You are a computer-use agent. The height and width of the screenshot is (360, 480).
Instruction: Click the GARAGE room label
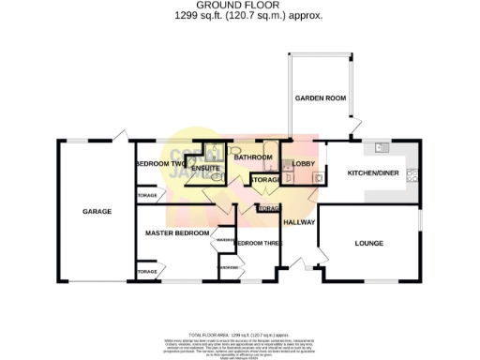click(97, 212)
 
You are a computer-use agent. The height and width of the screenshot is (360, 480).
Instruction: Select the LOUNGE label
click(368, 244)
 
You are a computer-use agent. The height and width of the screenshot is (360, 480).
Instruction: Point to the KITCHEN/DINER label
click(368, 173)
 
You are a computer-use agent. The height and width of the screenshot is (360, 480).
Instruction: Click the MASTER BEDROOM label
click(177, 232)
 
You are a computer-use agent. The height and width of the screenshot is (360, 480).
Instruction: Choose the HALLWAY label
click(300, 222)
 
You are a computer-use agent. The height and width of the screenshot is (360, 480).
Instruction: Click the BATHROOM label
click(252, 157)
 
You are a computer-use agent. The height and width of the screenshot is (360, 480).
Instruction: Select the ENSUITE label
click(205, 170)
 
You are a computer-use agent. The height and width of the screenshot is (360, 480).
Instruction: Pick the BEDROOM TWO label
click(157, 163)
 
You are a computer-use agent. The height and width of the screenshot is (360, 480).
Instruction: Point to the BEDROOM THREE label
click(257, 244)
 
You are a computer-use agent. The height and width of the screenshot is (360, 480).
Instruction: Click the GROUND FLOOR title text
click(239, 6)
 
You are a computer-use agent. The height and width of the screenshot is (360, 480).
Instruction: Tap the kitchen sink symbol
click(381, 147)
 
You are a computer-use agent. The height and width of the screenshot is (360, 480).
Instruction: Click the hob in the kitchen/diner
click(411, 175)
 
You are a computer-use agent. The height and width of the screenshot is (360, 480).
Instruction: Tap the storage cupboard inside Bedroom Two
click(146, 196)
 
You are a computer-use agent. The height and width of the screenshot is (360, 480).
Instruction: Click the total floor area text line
click(239, 334)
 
